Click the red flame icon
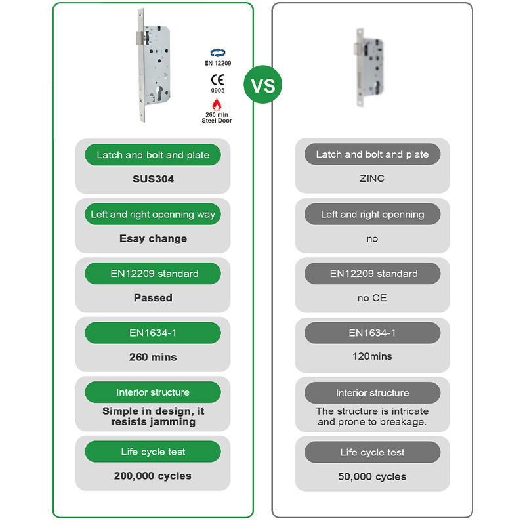coord(217,104)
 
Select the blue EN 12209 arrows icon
coord(217,53)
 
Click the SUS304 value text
coord(153,178)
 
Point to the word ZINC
coord(372,178)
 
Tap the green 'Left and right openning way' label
coord(153,214)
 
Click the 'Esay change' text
coord(153,238)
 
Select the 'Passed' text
coord(153,297)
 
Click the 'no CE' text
coord(372,297)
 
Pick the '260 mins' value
coord(153,357)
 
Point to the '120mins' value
coord(372,356)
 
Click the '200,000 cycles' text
coord(153,476)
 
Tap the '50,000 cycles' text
coord(372,476)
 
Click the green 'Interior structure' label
coord(153,392)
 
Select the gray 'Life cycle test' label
coord(372,452)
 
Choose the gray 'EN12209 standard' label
coord(372,274)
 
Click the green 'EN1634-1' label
coord(153,333)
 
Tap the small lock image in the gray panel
coord(368,66)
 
